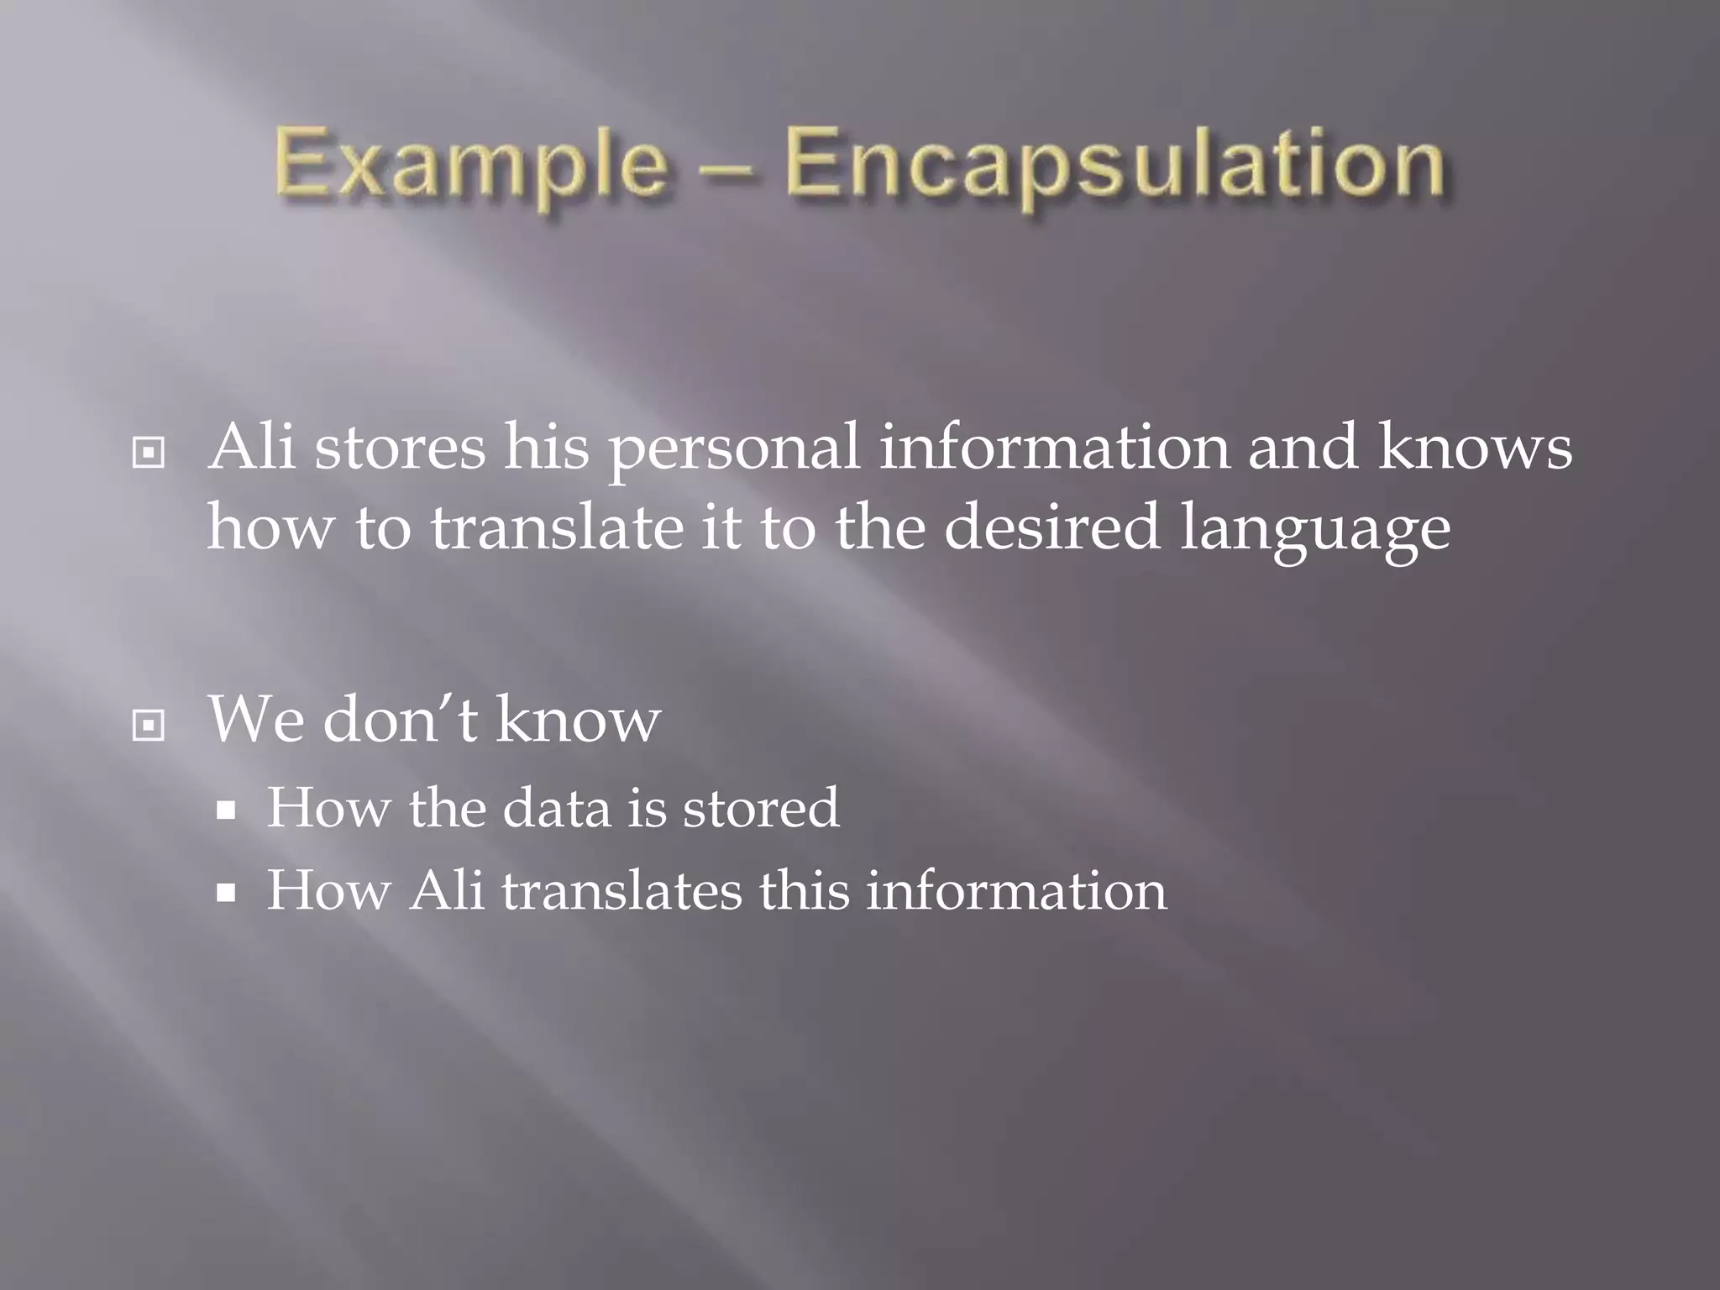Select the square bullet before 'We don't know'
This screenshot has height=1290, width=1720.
[149, 725]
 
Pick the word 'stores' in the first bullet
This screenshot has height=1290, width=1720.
[400, 447]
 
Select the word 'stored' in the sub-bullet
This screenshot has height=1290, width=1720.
[760, 808]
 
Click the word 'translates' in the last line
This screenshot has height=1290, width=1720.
[621, 890]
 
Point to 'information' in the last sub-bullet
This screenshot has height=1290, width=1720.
[1016, 890]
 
